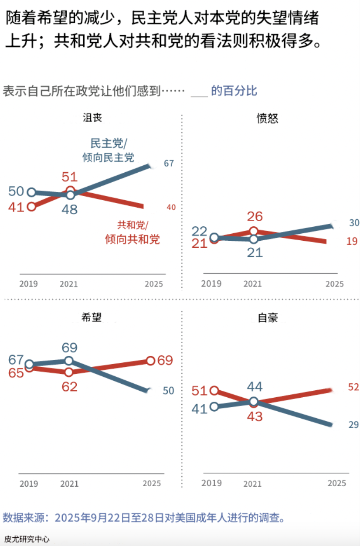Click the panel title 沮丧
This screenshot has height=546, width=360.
point(92,118)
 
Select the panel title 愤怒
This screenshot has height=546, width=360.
point(267,118)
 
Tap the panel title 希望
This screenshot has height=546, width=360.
point(92,317)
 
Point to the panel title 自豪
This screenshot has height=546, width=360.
point(268,318)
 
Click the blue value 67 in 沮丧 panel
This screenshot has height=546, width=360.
point(169,164)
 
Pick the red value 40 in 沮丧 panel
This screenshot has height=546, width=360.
point(171,208)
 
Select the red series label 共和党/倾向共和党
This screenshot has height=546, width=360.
point(132,232)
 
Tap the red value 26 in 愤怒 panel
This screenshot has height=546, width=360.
point(255,216)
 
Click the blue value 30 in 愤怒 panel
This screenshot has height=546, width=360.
point(354,223)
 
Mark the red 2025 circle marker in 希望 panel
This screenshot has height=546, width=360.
point(150,361)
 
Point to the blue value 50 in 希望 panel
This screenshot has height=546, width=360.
point(168,391)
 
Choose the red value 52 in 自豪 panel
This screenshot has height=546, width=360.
point(353,386)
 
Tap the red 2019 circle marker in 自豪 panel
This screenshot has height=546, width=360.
point(214,391)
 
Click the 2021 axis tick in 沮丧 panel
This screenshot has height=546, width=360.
point(69,284)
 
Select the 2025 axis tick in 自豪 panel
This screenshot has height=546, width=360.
point(336,483)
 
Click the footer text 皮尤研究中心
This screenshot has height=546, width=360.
point(27,539)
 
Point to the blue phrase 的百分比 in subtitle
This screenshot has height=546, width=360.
point(234,91)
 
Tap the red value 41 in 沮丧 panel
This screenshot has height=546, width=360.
point(17,207)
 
